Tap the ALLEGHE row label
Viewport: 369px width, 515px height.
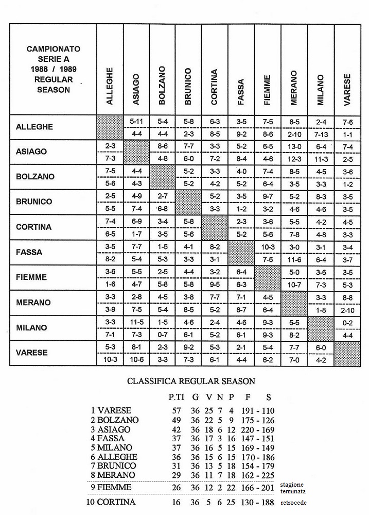(x=34, y=127)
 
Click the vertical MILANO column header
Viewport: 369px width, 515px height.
(x=321, y=90)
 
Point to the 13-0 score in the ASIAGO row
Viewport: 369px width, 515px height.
(x=294, y=146)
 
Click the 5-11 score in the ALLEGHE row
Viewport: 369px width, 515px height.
(x=136, y=121)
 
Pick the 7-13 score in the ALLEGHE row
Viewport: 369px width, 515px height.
(x=321, y=134)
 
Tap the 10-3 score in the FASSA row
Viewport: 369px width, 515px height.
(x=268, y=247)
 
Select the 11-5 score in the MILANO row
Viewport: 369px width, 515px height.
(x=136, y=322)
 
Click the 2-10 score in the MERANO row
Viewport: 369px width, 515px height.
(x=347, y=310)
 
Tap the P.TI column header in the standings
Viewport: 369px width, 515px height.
(x=177, y=397)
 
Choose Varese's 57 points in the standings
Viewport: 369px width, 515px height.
(x=177, y=411)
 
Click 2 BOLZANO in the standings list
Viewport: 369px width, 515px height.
(x=115, y=420)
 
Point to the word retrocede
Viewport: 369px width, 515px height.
(x=294, y=503)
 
